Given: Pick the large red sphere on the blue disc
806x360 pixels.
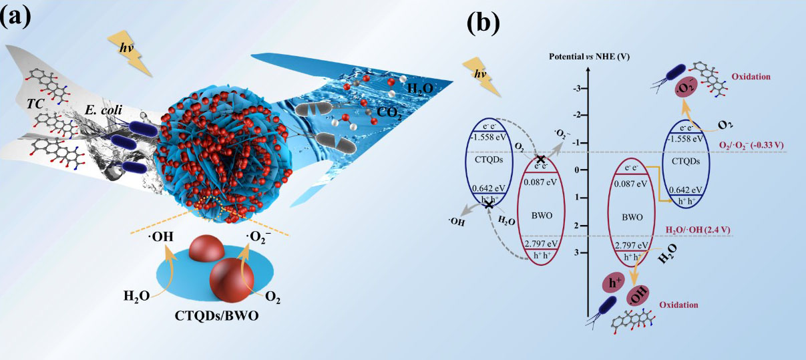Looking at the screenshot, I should click(x=230, y=275).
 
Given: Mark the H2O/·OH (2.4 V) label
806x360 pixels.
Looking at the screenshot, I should click(x=700, y=231).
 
